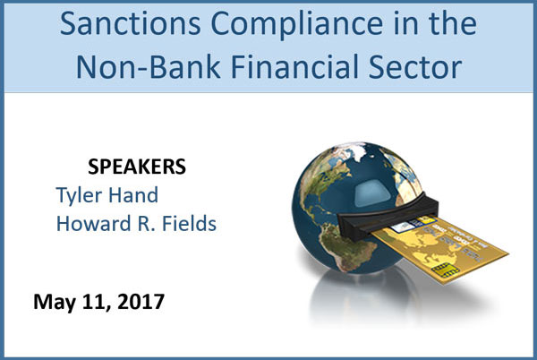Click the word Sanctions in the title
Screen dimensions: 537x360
pos(130,23)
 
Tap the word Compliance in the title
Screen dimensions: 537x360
pos(296,26)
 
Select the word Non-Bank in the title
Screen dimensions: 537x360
pos(148,66)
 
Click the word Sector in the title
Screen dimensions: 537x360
pos(415,66)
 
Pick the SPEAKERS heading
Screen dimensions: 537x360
pos(137,167)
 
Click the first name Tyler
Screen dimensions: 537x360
pos(79,196)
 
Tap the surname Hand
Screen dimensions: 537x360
pos(133,195)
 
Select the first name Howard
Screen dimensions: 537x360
pos(93,223)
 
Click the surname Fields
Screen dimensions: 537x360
pos(189,223)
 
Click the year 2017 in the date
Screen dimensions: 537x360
pos(141,302)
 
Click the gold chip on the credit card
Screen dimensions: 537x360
pos(445,270)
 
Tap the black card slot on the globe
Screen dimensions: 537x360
pos(387,217)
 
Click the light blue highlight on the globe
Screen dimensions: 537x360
pos(371,193)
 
